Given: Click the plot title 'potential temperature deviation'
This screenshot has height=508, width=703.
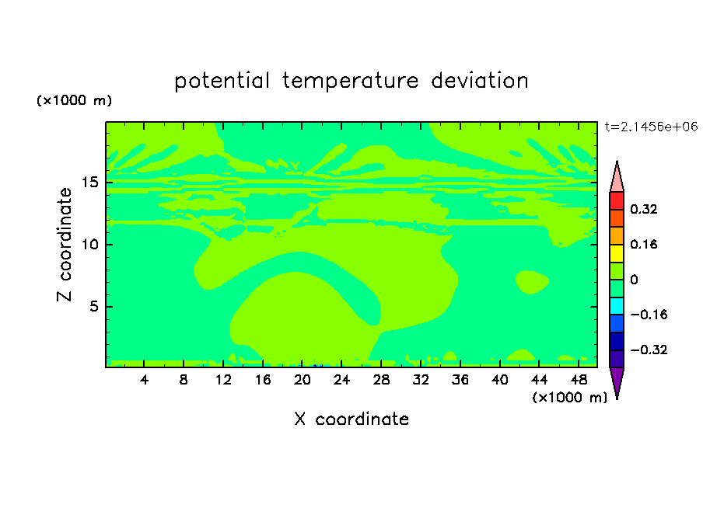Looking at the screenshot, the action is tap(351, 81).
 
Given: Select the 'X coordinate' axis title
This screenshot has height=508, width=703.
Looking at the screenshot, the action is tap(351, 419).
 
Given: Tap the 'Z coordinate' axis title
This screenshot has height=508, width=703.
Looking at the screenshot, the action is tap(65, 245).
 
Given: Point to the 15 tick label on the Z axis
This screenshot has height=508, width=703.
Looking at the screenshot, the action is tap(89, 183).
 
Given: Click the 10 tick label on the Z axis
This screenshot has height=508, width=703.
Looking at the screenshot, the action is tap(89, 245).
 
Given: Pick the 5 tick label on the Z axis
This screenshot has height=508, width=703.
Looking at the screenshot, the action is tap(93, 306).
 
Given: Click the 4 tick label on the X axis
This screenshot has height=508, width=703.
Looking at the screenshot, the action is tap(144, 380).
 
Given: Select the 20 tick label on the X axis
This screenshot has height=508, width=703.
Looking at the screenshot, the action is tap(303, 380).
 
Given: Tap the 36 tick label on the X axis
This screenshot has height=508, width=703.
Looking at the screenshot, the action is tap(460, 380).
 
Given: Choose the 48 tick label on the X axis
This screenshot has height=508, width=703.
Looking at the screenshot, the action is tap(579, 380).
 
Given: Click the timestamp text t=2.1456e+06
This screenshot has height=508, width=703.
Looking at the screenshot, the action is tap(651, 127).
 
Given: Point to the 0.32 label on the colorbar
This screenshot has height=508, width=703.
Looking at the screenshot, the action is tap(644, 209).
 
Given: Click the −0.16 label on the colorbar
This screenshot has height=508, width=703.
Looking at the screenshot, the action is tap(649, 315).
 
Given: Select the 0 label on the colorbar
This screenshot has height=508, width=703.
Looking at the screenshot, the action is tap(634, 280).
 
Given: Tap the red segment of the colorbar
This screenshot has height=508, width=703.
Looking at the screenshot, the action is tap(617, 200).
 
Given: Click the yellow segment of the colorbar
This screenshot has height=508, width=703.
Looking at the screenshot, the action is tap(617, 253).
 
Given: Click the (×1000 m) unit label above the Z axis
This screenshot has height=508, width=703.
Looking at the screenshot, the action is tap(74, 100).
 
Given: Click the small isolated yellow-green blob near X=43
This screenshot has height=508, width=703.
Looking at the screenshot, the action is tap(532, 282).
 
